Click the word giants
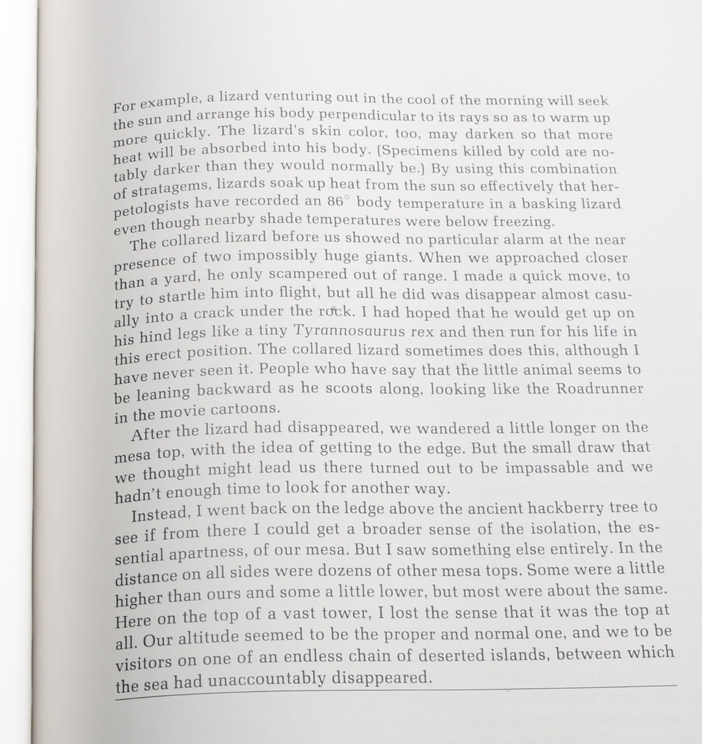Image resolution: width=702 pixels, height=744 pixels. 385,256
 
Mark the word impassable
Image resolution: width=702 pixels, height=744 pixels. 547,468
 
